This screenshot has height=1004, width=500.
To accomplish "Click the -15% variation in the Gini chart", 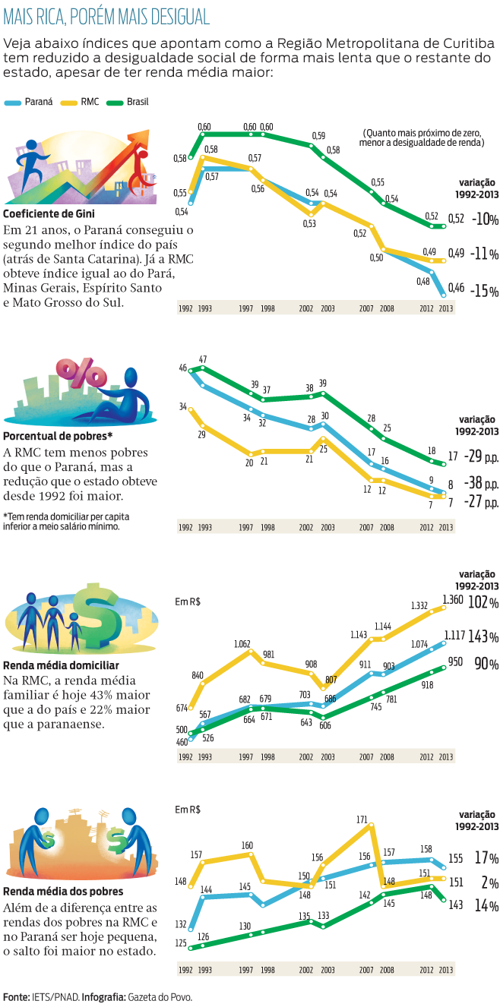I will (x=483, y=292).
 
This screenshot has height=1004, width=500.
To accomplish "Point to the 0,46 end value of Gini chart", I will (x=457, y=288).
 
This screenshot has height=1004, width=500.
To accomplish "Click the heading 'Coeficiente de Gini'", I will (x=49, y=213).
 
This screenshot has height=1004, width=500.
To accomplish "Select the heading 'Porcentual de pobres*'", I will (x=58, y=436).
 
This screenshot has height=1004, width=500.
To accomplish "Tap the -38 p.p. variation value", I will (x=483, y=483).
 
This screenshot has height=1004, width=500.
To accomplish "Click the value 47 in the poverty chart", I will (x=203, y=358).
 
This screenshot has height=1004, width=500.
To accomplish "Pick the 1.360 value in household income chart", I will (x=453, y=600).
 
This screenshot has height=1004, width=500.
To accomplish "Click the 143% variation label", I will (x=483, y=636).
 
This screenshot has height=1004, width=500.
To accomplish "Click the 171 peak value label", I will (x=362, y=819).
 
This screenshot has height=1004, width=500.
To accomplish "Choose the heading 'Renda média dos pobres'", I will (x=63, y=891).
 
